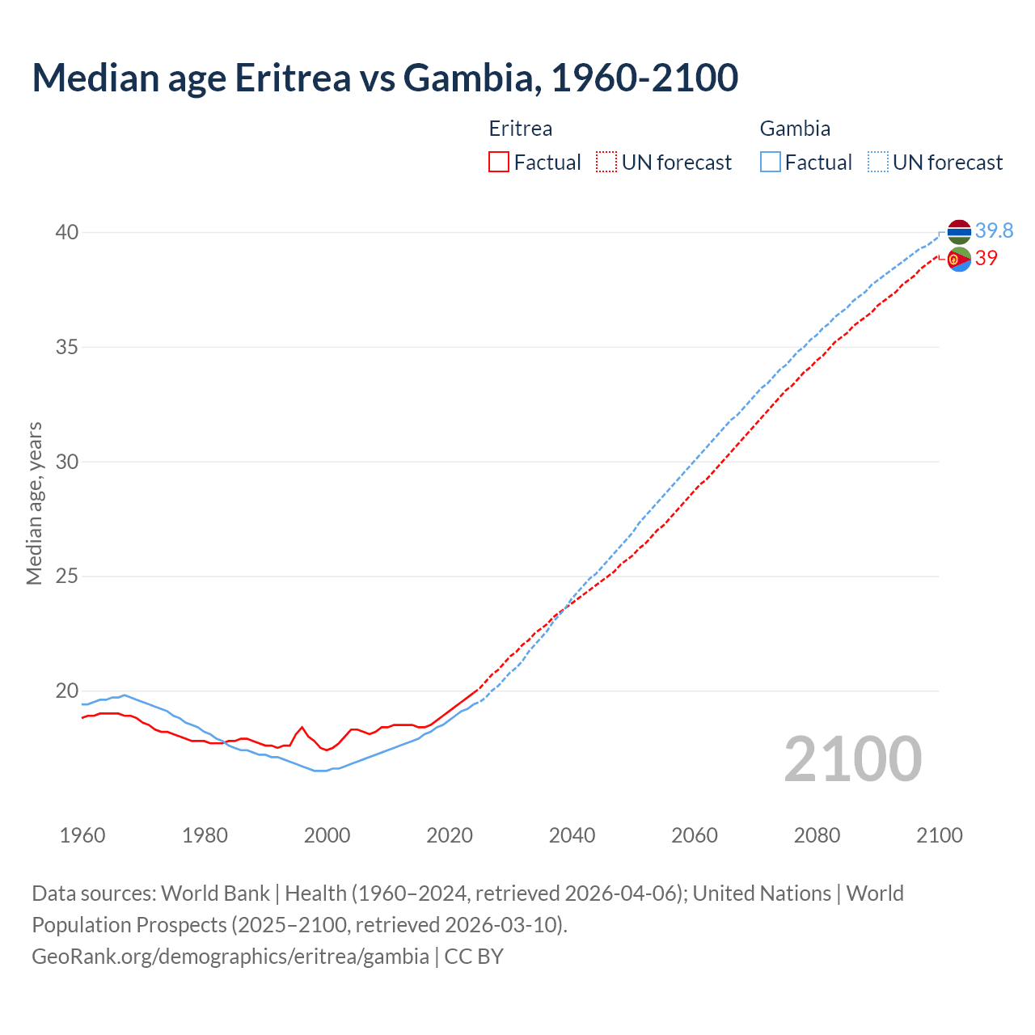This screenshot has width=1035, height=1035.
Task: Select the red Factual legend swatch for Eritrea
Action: point(499,163)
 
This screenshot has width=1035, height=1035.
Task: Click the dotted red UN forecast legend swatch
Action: point(606,163)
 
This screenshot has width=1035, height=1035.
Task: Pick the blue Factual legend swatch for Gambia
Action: point(771,163)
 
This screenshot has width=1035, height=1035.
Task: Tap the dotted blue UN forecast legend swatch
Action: point(877,163)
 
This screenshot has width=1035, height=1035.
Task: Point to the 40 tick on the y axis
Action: point(67,233)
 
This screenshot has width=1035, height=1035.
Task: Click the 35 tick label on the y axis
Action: point(67,348)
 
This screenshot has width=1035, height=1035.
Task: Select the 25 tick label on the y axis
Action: point(67,577)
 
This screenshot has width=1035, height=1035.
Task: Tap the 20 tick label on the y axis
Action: point(67,691)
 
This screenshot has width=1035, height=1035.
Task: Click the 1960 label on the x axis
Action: point(82,835)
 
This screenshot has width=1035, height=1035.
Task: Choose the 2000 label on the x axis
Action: point(327,835)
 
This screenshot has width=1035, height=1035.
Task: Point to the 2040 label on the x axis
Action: point(572,835)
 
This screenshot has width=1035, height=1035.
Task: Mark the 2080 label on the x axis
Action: point(817,835)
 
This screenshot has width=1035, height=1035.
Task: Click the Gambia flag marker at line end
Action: point(959,232)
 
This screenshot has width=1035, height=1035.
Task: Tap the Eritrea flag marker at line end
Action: point(959,260)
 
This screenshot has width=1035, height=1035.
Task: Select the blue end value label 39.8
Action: point(994,231)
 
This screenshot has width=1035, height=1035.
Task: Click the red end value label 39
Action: point(986,259)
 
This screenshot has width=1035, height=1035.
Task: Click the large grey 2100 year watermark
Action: point(853,758)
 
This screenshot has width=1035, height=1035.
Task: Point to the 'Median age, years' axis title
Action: point(34,503)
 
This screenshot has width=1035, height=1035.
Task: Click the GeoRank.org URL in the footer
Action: point(230,957)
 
